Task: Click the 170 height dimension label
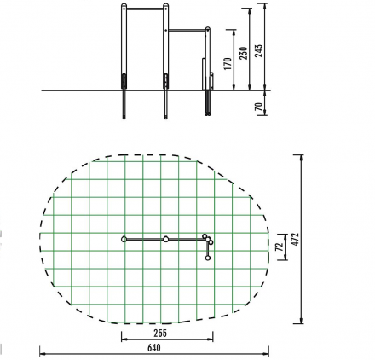point(228,64)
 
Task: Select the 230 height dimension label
point(244,53)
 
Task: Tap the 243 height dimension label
point(258,50)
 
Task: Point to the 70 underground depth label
point(258,107)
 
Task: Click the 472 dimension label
point(296,239)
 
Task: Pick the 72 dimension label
point(280,247)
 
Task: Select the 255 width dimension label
point(160,333)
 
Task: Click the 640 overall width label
point(154,347)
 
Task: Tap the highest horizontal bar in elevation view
point(145,9)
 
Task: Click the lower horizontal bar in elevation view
point(187,30)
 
